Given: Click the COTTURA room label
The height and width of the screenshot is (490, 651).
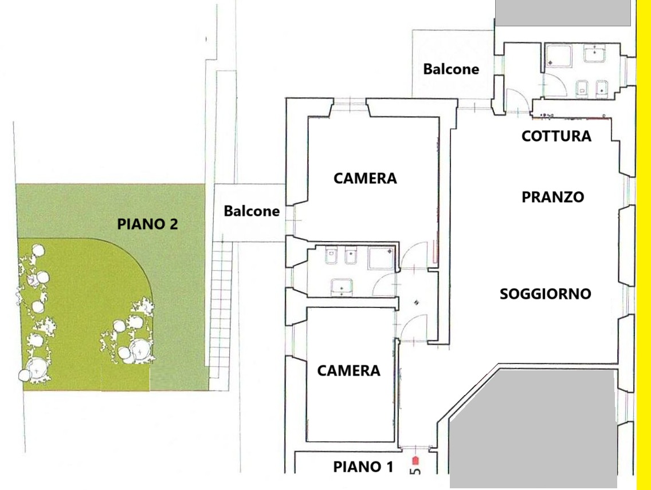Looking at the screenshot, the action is [x=556, y=136].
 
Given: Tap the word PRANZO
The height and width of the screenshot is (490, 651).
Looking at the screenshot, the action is [x=552, y=197].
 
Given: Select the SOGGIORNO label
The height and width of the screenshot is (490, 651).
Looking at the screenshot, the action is [x=545, y=294].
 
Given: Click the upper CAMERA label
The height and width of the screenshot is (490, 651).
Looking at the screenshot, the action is [x=365, y=178].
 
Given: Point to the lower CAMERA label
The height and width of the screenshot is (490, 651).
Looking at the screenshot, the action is [x=348, y=370].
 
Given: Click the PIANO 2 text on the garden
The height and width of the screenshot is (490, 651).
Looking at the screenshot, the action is [x=147, y=224].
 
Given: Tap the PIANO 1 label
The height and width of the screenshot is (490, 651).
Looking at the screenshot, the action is [x=363, y=467].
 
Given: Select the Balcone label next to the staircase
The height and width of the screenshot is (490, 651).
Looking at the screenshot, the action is [x=252, y=211].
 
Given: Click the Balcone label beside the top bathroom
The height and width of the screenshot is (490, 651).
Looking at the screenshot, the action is [x=451, y=69].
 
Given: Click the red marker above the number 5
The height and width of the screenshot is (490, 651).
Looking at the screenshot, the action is [x=415, y=461].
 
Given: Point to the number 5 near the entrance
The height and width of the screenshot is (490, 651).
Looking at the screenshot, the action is [x=415, y=471].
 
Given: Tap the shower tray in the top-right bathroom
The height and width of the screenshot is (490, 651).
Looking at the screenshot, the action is [x=559, y=57].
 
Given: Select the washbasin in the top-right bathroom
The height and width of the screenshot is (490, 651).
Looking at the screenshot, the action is [x=594, y=53].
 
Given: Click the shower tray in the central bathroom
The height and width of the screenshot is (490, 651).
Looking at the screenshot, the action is [x=381, y=258].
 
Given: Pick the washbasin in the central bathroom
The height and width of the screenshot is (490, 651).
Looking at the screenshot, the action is [x=342, y=287].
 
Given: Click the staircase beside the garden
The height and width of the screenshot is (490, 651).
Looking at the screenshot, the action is [x=221, y=310].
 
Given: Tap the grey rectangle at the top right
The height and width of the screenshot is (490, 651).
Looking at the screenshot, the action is [x=563, y=13].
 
